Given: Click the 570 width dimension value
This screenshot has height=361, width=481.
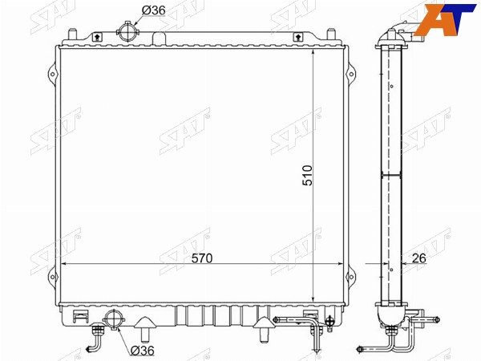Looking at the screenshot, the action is [x=202, y=258].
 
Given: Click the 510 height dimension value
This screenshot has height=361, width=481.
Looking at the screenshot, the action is [x=307, y=176].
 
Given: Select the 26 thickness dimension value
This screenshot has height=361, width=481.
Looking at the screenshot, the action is [x=418, y=258].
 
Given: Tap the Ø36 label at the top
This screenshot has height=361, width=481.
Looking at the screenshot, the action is [x=153, y=10].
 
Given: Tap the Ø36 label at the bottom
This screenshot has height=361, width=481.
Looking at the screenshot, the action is [x=142, y=351].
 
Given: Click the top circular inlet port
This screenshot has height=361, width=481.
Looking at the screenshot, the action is [x=127, y=32].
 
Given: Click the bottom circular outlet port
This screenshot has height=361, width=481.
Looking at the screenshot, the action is [x=114, y=320].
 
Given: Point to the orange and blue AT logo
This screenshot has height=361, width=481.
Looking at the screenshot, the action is [x=445, y=19].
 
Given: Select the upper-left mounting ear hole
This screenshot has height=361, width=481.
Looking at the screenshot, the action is [x=52, y=75].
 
